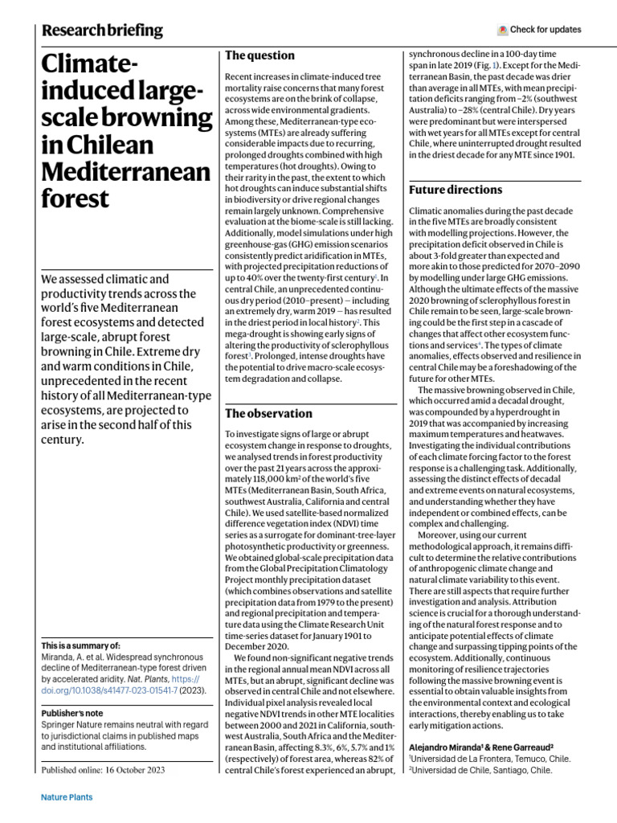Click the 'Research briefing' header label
point(102,31)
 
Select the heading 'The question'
point(259,55)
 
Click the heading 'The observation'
point(268,413)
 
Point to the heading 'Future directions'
point(456,190)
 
